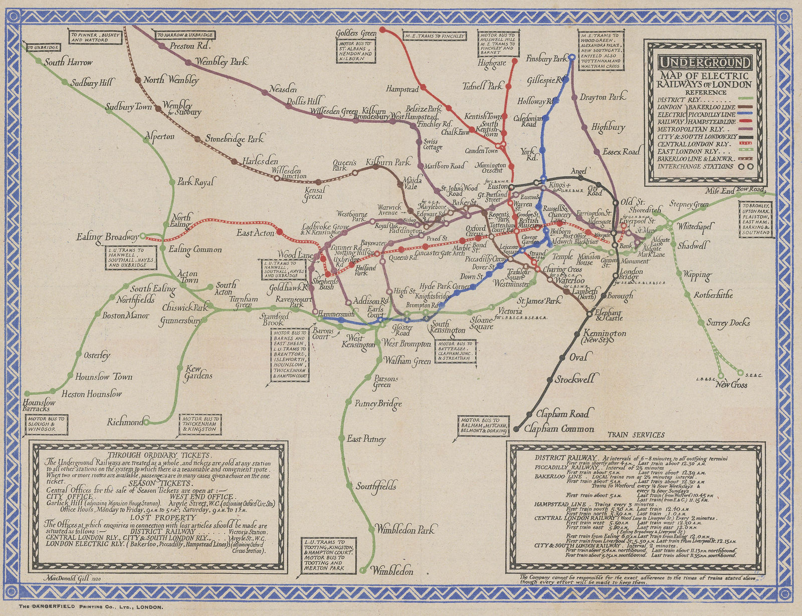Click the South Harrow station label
(68, 63)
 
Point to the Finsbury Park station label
(546, 59)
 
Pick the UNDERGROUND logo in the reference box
(704, 63)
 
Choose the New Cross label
(731, 385)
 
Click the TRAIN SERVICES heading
(636, 435)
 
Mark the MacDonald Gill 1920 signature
(73, 578)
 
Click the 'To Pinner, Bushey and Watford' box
(96, 37)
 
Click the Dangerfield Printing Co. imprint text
(91, 607)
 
